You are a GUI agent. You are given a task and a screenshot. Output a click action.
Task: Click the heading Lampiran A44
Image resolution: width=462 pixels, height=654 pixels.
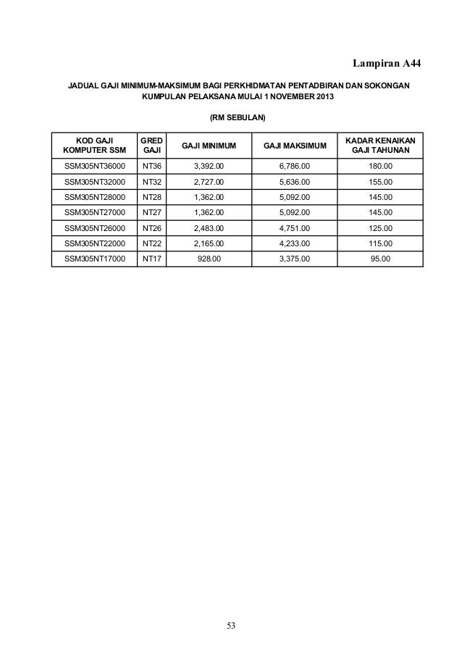tap(383, 65)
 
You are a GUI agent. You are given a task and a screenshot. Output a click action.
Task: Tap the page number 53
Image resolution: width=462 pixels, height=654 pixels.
tap(231, 625)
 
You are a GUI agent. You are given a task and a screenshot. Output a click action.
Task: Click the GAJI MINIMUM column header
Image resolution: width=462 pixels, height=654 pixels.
tap(209, 146)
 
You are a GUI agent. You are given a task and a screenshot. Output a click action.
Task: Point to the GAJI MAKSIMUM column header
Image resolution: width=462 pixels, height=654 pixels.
tap(295, 146)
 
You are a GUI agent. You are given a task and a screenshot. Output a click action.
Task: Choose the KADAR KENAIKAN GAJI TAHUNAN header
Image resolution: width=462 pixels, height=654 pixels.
tap(380, 145)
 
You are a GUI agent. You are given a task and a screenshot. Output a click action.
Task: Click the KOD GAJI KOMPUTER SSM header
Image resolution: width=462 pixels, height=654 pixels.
tap(94, 145)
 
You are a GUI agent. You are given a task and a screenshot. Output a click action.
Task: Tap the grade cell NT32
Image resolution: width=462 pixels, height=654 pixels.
tap(152, 182)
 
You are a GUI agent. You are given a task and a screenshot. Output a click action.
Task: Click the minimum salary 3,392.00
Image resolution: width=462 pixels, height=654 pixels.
tap(209, 167)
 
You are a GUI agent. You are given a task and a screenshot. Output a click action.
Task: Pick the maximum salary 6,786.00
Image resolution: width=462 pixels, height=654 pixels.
tap(295, 167)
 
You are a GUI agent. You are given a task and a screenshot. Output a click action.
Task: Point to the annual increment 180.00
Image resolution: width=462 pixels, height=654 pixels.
tap(380, 167)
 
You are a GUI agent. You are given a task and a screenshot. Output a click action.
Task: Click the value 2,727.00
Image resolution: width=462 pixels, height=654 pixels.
tap(209, 182)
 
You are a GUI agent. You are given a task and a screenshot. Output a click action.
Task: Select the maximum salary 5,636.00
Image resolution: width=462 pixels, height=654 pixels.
tap(295, 182)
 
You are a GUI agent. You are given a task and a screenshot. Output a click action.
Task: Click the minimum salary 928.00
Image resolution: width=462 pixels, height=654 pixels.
tap(209, 258)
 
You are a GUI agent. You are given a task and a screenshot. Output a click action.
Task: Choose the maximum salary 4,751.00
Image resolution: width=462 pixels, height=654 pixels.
tap(295, 227)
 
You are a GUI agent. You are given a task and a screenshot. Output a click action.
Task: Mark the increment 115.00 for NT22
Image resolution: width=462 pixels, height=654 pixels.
tap(380, 243)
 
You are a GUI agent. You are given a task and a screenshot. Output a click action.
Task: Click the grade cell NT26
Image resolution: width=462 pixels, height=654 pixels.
tap(152, 227)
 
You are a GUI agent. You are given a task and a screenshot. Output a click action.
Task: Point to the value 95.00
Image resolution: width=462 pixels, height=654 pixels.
tap(380, 258)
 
